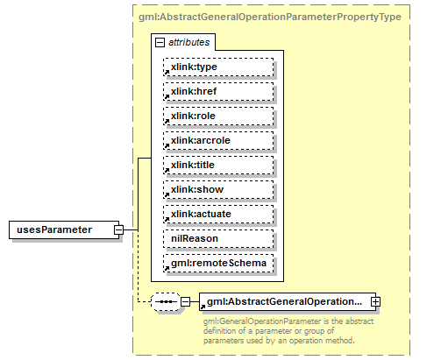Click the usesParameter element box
coord(63,229)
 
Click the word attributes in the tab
coord(188,41)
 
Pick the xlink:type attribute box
coord(217,66)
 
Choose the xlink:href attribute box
coord(217,90)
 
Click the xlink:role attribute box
coord(217,115)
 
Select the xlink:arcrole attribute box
coord(217,139)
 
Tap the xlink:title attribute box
coord(217,164)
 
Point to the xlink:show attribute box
coord(217,189)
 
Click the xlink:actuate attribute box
coord(217,214)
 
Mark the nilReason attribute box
coord(217,238)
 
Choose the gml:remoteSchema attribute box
coord(217,263)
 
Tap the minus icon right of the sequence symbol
coord(185,302)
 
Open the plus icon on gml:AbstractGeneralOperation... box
coord(376,302)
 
